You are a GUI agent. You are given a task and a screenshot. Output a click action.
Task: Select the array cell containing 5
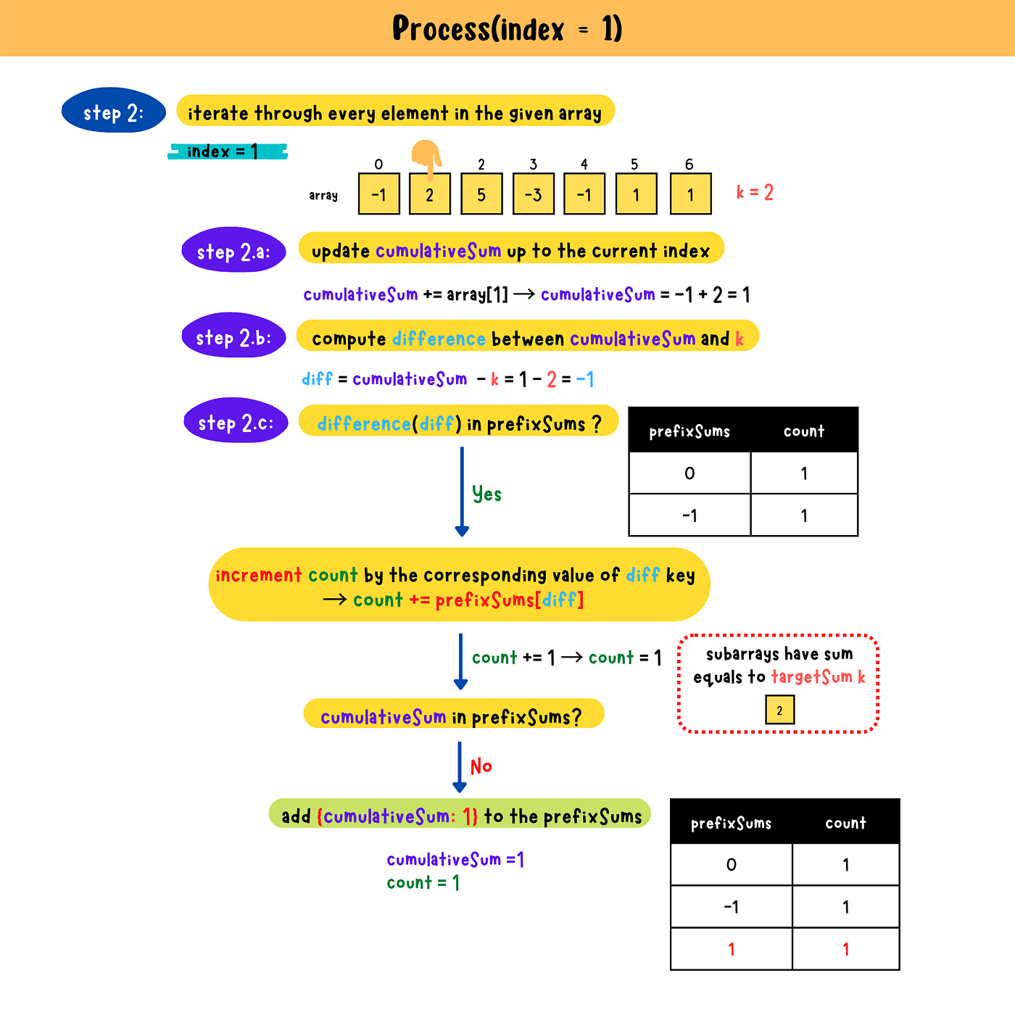point(481,194)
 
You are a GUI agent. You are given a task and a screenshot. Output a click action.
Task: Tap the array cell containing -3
point(533,194)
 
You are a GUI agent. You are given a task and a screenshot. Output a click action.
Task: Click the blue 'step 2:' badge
point(114,111)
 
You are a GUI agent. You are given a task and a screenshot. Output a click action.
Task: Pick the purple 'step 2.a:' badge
point(233,251)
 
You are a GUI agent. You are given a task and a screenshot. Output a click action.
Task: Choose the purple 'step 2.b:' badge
point(233,336)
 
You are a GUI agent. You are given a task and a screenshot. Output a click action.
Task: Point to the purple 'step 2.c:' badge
point(236,421)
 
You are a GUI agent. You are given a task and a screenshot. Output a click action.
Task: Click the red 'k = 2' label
point(755,192)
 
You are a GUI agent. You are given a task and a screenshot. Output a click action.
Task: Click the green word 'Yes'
point(486,494)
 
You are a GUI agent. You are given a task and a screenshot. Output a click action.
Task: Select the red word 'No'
point(481,766)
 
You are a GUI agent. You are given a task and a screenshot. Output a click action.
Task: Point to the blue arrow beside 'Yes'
point(462,492)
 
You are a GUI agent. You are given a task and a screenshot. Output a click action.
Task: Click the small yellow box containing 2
point(779,710)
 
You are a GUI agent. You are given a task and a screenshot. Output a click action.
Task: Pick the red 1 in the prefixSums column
point(731,949)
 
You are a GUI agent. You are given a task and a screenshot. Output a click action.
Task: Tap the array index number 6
point(689,165)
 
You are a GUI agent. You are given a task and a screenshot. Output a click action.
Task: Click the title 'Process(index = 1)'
point(507,29)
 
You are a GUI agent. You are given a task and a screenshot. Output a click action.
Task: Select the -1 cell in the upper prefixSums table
point(689,515)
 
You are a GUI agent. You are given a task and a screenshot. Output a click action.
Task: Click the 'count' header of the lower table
point(845,823)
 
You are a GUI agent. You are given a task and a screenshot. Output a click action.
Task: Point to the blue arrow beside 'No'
point(460,766)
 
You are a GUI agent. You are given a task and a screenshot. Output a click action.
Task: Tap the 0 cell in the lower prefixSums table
point(731,865)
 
